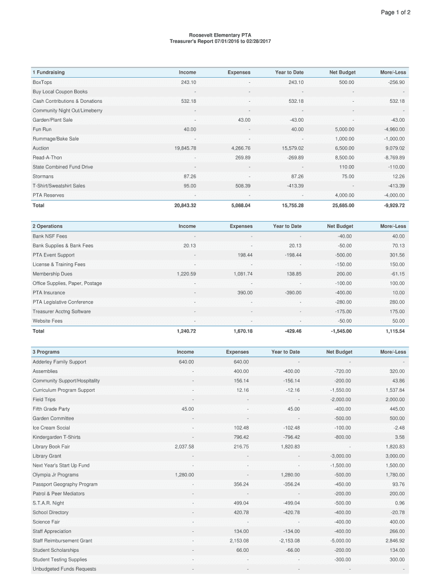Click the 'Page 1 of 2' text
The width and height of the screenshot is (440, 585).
(395, 13)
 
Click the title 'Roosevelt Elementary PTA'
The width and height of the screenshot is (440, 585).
(220, 35)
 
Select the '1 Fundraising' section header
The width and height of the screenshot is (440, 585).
(49, 73)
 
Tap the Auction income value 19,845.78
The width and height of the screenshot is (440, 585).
(185, 148)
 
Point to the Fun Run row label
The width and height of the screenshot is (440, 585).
(42, 129)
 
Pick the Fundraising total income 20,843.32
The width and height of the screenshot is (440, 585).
(185, 205)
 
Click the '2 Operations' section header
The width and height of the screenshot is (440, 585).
(47, 226)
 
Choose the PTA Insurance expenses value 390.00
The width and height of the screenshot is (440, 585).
(245, 292)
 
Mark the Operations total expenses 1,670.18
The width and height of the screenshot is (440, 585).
(242, 331)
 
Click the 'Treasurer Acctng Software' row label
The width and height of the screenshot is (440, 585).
(61, 311)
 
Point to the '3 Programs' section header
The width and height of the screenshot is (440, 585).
(46, 352)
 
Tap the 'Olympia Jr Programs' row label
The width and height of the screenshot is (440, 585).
(55, 475)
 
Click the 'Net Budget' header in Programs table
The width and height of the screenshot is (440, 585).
(339, 352)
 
